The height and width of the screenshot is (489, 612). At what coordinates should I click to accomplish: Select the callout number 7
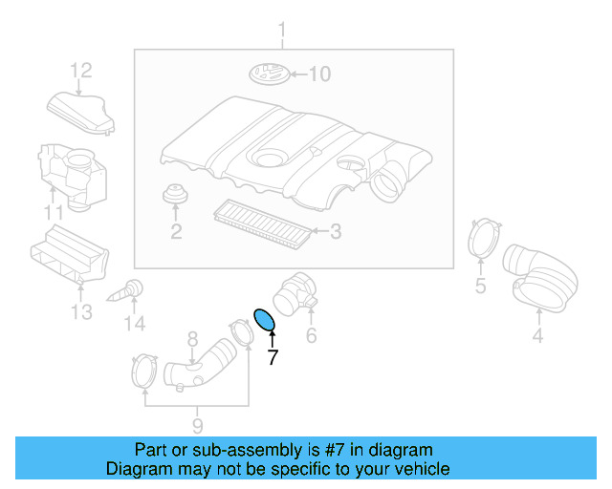[273, 358]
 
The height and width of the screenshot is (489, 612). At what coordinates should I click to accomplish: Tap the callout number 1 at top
[282, 35]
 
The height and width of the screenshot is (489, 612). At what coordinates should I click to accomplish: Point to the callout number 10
[318, 74]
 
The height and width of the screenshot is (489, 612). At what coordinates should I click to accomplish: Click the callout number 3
[336, 231]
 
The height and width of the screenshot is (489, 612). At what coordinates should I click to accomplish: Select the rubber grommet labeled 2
[175, 194]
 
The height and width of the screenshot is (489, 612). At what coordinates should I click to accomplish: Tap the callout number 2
[176, 231]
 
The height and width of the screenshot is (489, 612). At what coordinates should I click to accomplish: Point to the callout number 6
[311, 335]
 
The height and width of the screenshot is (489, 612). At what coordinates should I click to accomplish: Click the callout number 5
[481, 286]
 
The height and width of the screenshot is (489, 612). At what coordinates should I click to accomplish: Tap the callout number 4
[537, 335]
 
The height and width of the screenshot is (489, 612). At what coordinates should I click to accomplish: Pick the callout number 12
[81, 70]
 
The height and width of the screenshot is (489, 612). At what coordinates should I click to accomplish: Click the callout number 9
[197, 424]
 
